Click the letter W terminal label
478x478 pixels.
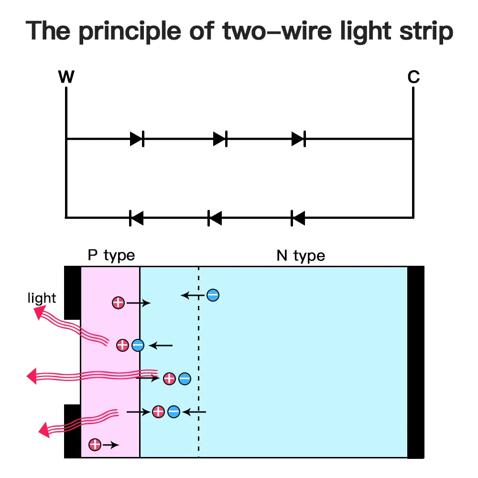pyautogui.click(x=66, y=77)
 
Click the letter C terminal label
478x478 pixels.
pyautogui.click(x=413, y=77)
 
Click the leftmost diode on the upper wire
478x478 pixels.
pyautogui.click(x=137, y=139)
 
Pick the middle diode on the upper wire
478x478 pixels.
pyautogui.click(x=220, y=139)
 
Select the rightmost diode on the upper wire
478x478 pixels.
pyautogui.click(x=299, y=139)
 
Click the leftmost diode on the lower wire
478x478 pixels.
pyautogui.click(x=136, y=218)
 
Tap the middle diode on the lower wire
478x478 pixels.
pyautogui.click(x=215, y=218)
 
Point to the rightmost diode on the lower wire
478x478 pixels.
pyautogui.click(x=298, y=218)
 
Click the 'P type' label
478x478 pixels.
pyautogui.click(x=111, y=255)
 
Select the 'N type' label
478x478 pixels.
pyautogui.click(x=301, y=256)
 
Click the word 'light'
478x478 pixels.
pyautogui.click(x=42, y=299)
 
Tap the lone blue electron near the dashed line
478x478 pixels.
pyautogui.click(x=213, y=295)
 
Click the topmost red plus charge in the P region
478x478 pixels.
pyautogui.click(x=118, y=303)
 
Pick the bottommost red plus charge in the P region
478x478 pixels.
pyautogui.click(x=95, y=445)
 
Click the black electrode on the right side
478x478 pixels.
pyautogui.click(x=415, y=362)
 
